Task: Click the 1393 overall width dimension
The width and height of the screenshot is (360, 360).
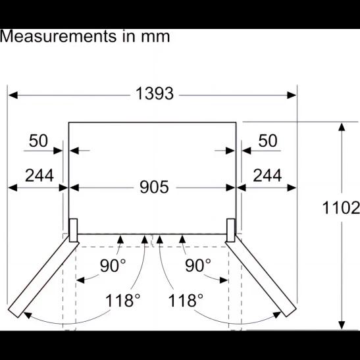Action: pyautogui.click(x=155, y=93)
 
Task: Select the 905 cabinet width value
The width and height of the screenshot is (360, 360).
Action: pyautogui.click(x=154, y=187)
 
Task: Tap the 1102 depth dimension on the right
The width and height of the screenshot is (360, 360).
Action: pyautogui.click(x=341, y=208)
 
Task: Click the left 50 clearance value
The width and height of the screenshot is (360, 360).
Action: pyautogui.click(x=38, y=140)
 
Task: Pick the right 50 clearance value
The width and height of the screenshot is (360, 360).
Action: pyautogui.click(x=268, y=140)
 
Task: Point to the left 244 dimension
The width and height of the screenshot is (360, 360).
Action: pyautogui.click(x=39, y=176)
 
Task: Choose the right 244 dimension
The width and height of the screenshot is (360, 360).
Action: pyautogui.click(x=267, y=176)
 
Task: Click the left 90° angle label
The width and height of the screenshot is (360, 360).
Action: pyautogui.click(x=113, y=265)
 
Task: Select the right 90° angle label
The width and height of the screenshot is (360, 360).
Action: pyautogui.click(x=198, y=265)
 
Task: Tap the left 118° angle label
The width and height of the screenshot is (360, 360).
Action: pyautogui.click(x=122, y=300)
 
